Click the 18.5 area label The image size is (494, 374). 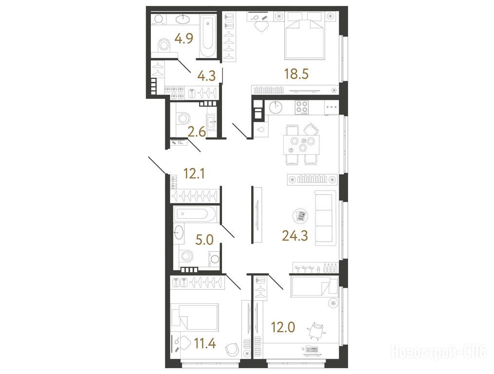pyautogui.click(x=296, y=74)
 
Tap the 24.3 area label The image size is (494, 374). pyautogui.click(x=295, y=235)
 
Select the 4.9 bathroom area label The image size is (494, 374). pyautogui.click(x=184, y=39)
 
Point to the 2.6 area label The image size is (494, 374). pyautogui.click(x=197, y=132)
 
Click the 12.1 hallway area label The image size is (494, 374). pyautogui.click(x=194, y=173)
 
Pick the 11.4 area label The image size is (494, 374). pyautogui.click(x=205, y=343)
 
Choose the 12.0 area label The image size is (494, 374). pyautogui.click(x=283, y=327)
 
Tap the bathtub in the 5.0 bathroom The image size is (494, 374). pyautogui.click(x=195, y=214)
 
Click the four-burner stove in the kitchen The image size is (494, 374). pyautogui.click(x=301, y=107)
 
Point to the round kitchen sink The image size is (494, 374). pyautogui.click(x=275, y=107)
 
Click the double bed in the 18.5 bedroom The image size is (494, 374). pyautogui.click(x=305, y=36)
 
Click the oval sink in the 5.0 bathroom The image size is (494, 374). pyautogui.click(x=179, y=232)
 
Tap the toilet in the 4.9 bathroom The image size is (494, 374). pyautogui.click(x=164, y=46)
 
